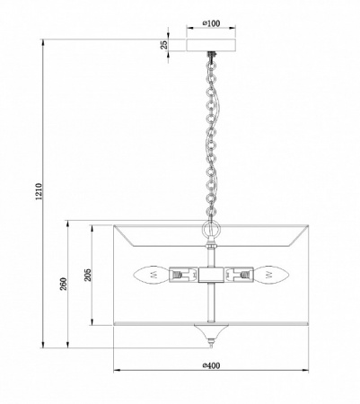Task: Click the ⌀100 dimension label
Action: [211, 23]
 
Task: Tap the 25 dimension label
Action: [164, 45]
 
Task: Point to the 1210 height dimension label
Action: [40, 191]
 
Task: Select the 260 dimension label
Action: [64, 284]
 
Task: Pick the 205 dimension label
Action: [88, 275]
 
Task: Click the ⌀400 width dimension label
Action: [211, 365]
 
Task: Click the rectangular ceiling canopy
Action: [211, 45]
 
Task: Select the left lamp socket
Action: [184, 275]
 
